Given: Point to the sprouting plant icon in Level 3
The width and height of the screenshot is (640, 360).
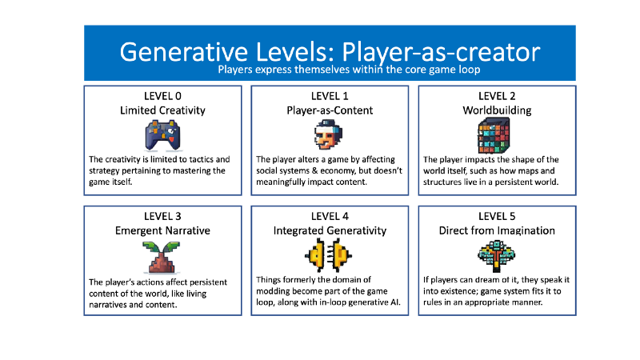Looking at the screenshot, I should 162,255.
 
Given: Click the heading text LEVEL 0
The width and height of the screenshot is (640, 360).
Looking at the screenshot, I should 162,96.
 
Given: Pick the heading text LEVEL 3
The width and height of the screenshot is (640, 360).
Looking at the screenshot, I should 162,216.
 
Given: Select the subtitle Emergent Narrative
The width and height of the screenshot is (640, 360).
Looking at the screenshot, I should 162,230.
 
